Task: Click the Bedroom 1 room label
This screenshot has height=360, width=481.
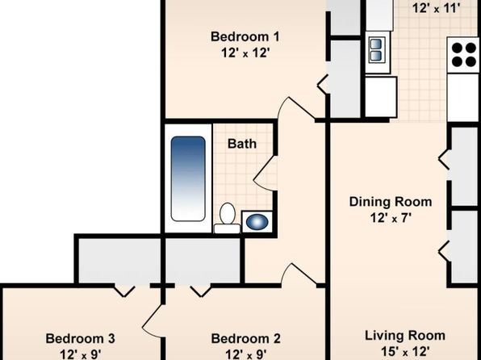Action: (x=245, y=37)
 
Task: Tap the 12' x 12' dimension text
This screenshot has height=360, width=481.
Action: (x=245, y=53)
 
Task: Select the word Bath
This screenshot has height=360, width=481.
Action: (x=242, y=144)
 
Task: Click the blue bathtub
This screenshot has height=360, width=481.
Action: (x=188, y=178)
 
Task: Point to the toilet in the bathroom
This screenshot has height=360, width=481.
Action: (x=228, y=218)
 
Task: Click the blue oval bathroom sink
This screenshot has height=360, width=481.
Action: (x=257, y=222)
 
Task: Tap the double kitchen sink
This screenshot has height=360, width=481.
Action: (x=376, y=50)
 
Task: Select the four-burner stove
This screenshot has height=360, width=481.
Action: (x=464, y=55)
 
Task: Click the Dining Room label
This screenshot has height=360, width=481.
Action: (x=391, y=202)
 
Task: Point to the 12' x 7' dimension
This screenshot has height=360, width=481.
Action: (x=391, y=218)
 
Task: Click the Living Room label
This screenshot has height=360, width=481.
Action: (x=405, y=336)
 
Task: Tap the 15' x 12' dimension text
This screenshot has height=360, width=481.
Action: (x=405, y=351)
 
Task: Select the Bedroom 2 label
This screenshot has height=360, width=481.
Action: (x=245, y=339)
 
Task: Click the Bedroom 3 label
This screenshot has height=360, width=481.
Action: (x=81, y=339)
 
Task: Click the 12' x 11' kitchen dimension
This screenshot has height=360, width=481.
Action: (x=437, y=8)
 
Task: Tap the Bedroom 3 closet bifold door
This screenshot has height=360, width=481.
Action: (x=124, y=291)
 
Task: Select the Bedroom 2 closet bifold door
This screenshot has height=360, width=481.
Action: (x=201, y=291)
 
